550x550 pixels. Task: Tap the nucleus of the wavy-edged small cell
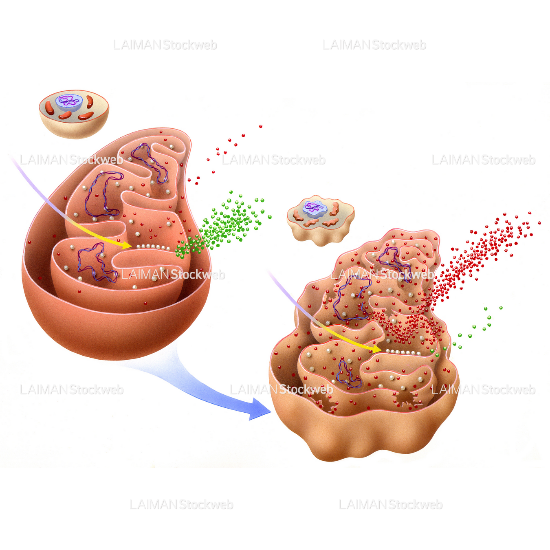(x=315, y=209)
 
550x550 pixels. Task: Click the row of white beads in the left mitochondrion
(x=152, y=247)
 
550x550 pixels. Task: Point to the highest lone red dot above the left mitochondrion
(x=261, y=127)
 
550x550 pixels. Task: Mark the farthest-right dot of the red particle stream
(x=539, y=223)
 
